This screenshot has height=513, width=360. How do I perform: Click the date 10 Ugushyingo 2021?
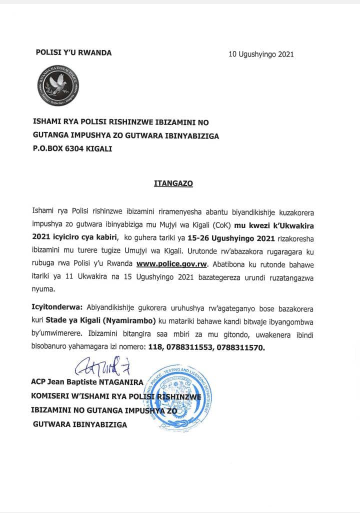click(261, 54)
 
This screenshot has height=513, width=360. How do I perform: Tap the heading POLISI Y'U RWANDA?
click(73, 52)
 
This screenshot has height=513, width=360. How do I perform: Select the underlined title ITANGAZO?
click(173, 183)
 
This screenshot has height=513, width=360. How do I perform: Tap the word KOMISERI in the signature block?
click(52, 396)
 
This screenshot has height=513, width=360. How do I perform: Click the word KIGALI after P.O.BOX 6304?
click(100, 148)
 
